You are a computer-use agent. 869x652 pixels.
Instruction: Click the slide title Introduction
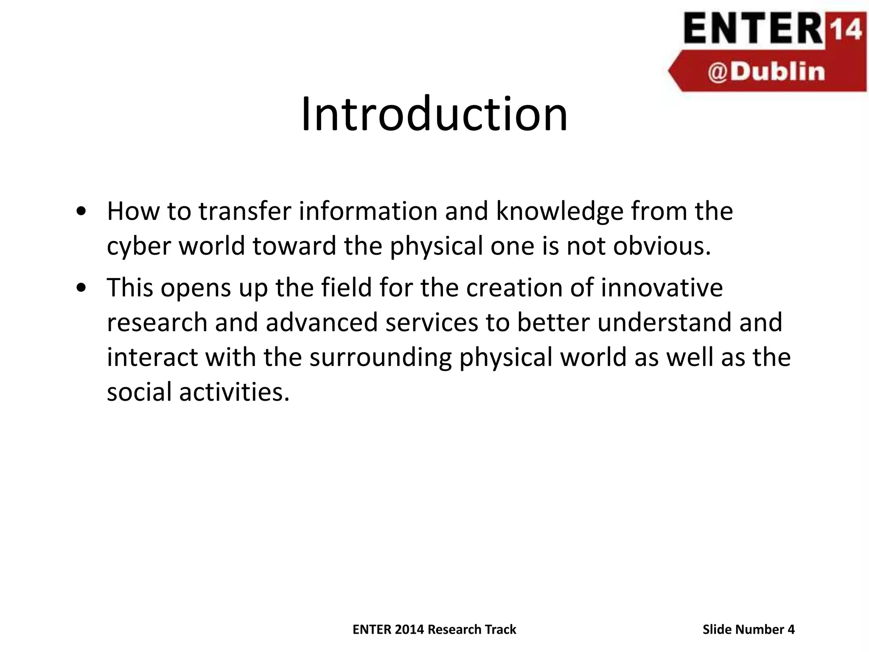434,114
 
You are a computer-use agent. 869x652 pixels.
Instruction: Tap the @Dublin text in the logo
766,72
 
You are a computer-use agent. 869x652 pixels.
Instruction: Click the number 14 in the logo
846,30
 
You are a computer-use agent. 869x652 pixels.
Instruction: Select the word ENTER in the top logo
753,29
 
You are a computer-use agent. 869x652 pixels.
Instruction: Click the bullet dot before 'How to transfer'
81,211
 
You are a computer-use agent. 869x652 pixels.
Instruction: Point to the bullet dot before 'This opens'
81,288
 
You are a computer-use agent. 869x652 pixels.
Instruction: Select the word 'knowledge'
559,211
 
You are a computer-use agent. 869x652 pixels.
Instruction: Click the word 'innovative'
662,287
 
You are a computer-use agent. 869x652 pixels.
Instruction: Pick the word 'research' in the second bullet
157,322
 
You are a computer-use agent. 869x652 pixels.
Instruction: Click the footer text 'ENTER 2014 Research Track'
434,629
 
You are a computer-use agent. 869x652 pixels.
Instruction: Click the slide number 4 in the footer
791,629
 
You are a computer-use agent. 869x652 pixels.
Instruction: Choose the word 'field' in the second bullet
346,287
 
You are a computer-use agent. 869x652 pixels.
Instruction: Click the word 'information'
368,211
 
